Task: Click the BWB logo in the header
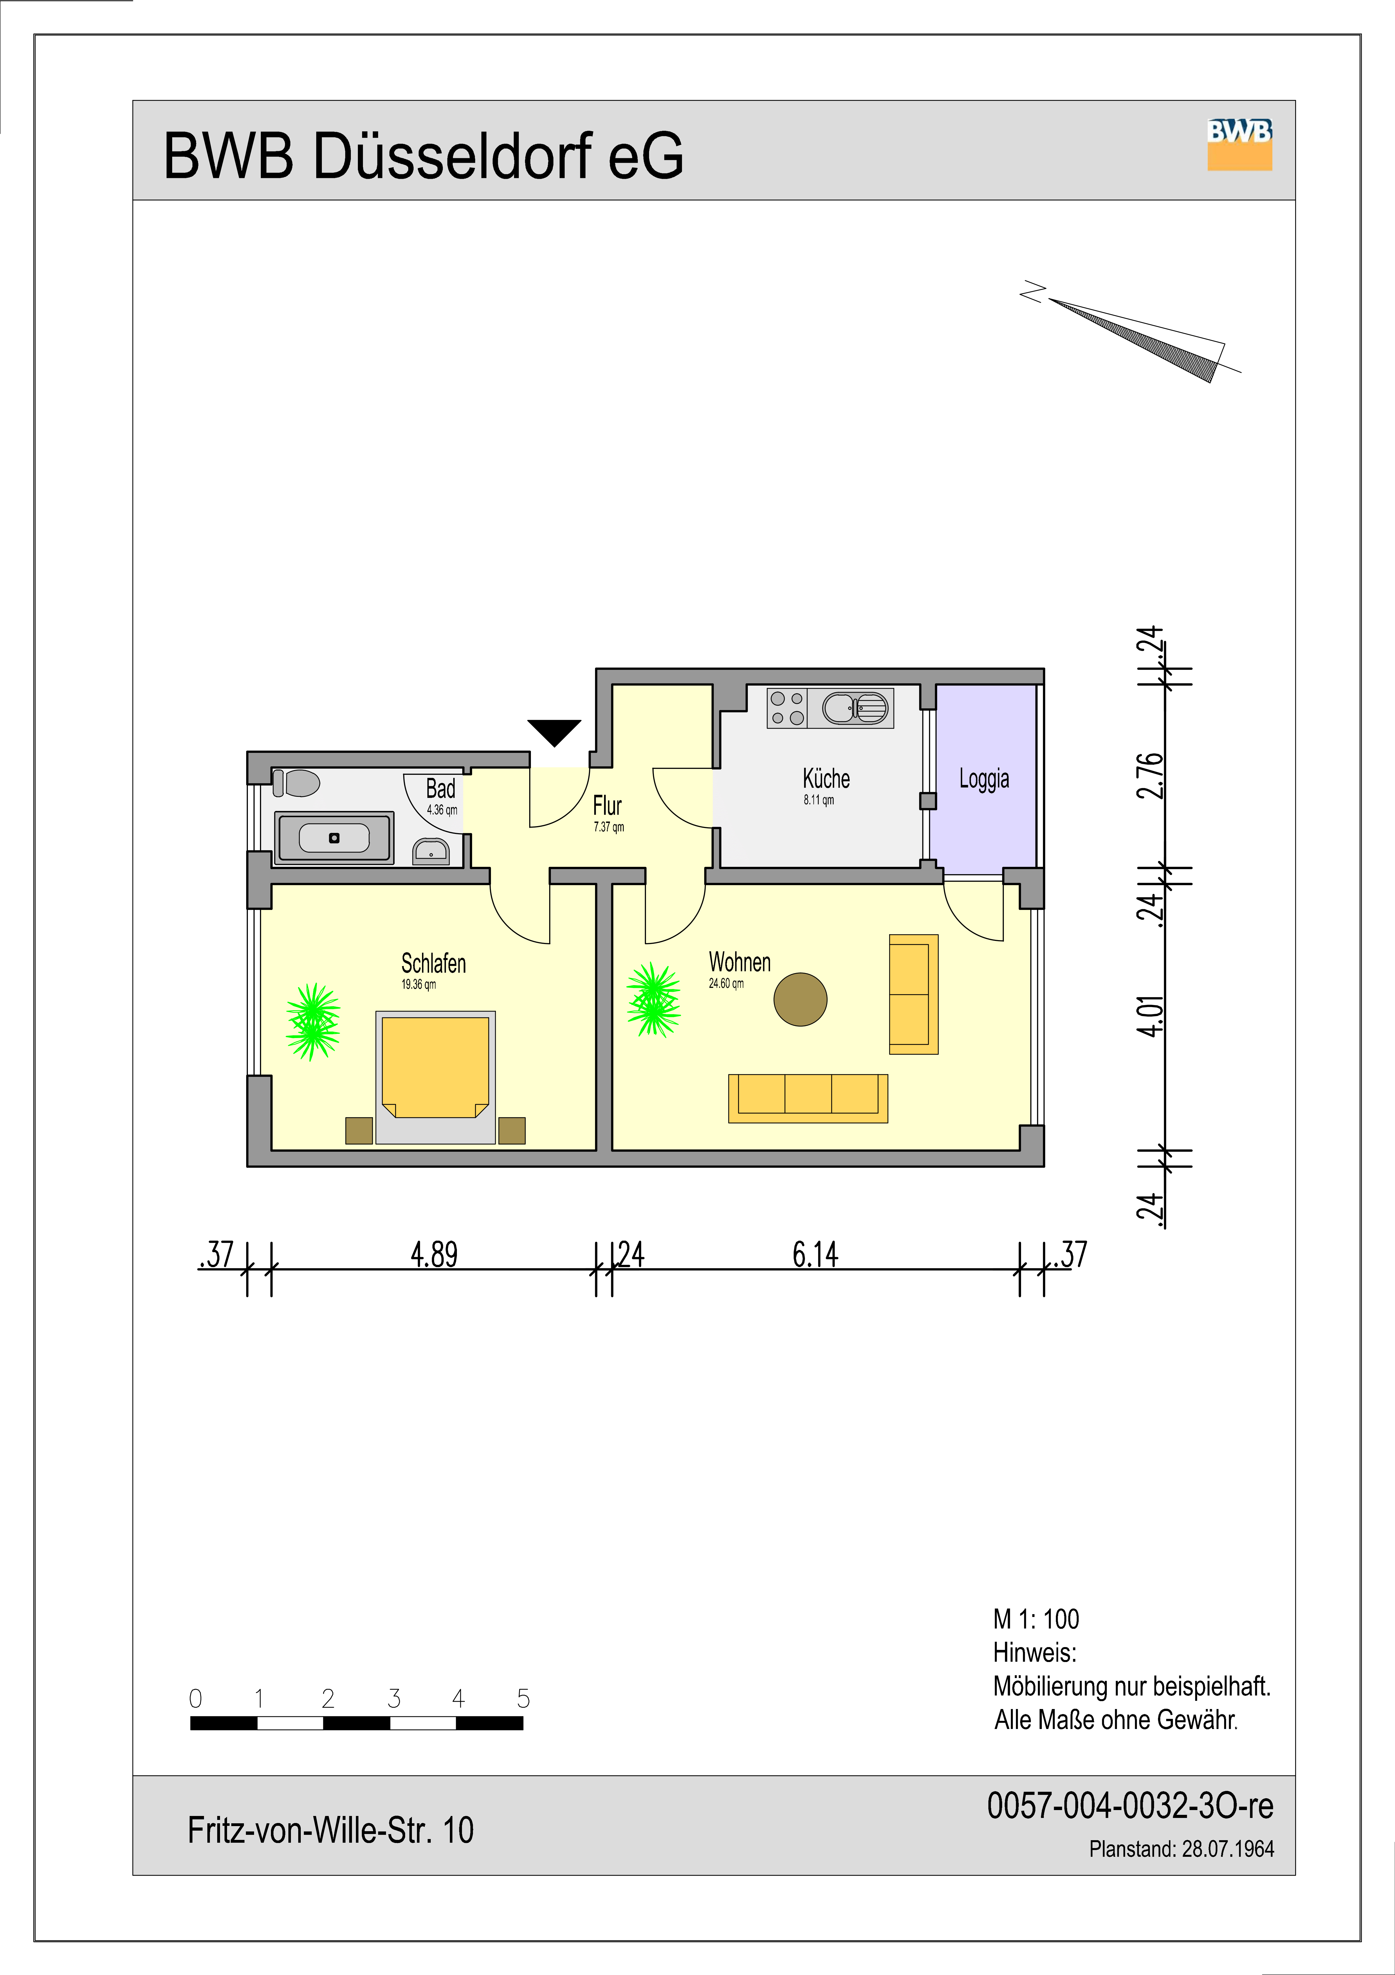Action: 1239,144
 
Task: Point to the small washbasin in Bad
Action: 431,851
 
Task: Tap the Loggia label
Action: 984,779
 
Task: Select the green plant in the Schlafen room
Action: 313,1022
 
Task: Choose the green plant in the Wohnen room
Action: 654,999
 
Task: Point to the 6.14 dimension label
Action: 815,1254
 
